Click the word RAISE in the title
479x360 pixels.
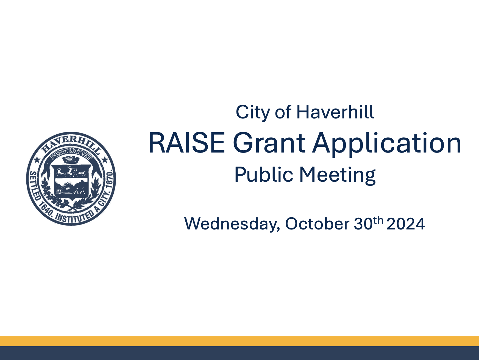coord(187,143)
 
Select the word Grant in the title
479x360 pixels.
coord(269,143)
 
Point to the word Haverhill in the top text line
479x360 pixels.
coord(335,112)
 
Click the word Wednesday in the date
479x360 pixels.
coord(232,224)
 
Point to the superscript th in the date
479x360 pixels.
coord(378,220)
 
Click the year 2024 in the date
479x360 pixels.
coord(406,224)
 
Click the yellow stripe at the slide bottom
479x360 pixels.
coord(239,341)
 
